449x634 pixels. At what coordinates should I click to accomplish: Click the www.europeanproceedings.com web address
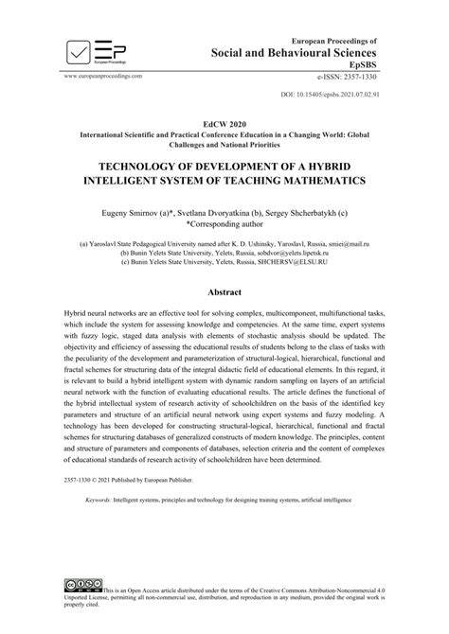[102, 75]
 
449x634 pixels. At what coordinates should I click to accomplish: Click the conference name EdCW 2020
[224, 124]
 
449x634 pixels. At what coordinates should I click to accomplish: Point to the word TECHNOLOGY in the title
[129, 162]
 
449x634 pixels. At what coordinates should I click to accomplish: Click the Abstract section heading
[224, 294]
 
